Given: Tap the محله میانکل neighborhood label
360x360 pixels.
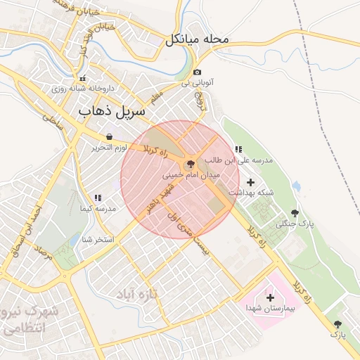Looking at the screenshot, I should (198, 40).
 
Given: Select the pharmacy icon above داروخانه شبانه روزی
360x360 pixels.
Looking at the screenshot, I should (83, 78).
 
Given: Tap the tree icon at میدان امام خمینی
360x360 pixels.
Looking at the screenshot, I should (192, 162).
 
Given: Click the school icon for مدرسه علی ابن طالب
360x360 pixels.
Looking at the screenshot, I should (238, 150).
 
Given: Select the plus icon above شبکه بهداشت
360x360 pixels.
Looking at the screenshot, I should (250, 182).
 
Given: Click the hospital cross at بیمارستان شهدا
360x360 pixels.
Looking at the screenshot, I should (270, 297).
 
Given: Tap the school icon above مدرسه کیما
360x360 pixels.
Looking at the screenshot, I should (97, 198).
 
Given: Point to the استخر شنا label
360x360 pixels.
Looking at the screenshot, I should (98, 240).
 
